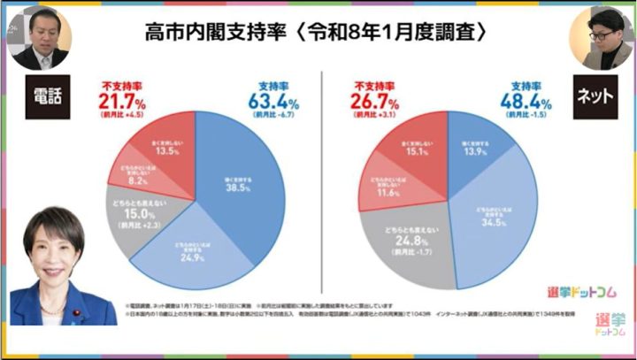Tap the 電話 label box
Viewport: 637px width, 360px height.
[42, 95]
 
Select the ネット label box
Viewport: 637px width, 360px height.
[595, 95]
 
